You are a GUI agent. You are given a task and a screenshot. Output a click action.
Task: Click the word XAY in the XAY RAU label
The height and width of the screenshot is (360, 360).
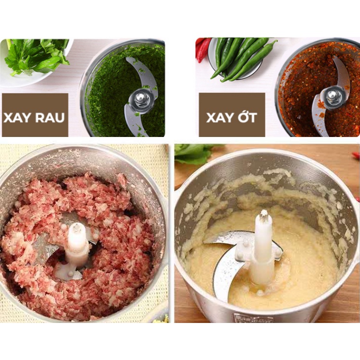(16, 118)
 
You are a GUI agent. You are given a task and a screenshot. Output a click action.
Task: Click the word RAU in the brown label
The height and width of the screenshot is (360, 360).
(50, 118)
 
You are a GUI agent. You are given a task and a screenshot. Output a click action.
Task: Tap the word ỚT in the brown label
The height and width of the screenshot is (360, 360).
(247, 117)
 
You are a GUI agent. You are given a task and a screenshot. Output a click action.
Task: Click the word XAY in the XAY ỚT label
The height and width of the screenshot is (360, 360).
(220, 118)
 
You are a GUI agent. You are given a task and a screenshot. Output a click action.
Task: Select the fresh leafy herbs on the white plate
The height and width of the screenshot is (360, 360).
(37, 56)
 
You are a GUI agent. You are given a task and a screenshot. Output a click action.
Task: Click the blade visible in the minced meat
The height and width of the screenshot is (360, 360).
(46, 248)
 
